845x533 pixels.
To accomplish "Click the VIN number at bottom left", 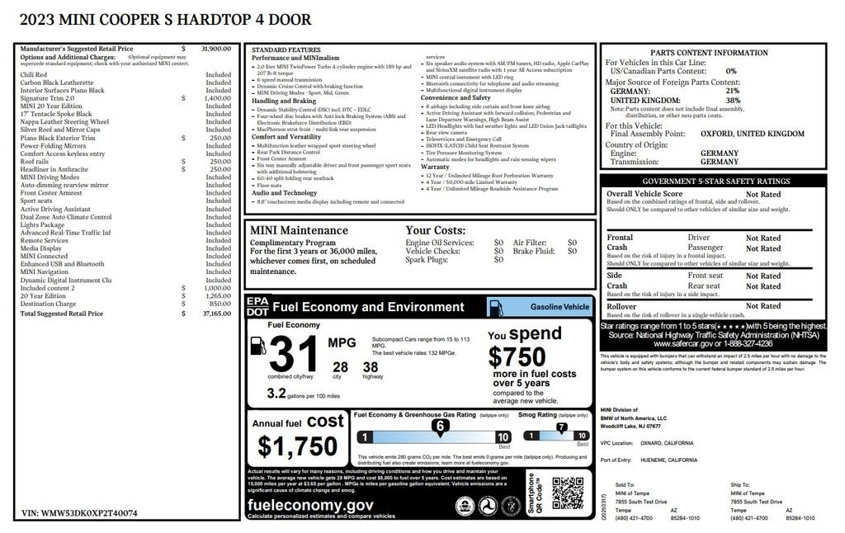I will [79, 512].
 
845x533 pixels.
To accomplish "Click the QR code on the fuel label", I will [568, 493].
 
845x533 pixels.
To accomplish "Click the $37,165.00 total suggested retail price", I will [218, 314].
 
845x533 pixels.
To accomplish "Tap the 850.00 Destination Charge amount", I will [220, 304].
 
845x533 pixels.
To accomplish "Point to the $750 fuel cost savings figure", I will [517, 356].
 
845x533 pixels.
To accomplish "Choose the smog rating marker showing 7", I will [562, 427].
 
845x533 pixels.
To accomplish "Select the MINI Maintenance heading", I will [299, 231].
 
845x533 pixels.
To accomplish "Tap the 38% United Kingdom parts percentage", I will [733, 101].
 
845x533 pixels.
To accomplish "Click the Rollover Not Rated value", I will [763, 307].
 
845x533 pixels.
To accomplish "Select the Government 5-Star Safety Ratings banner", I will [715, 182].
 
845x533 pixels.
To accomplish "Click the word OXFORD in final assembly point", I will [717, 133].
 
